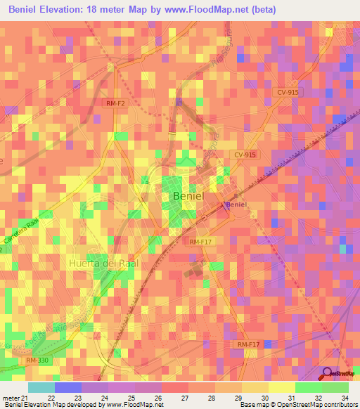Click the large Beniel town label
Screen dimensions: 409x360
[188, 197]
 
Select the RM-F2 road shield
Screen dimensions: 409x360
[115, 103]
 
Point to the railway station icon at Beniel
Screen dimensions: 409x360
[226, 204]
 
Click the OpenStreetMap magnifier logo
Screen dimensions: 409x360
[327, 373]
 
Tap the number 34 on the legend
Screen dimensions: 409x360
[345, 398]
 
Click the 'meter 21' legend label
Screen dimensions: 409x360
[15, 398]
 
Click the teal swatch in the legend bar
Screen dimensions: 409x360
[41, 387]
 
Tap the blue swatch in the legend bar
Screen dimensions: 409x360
[67, 387]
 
